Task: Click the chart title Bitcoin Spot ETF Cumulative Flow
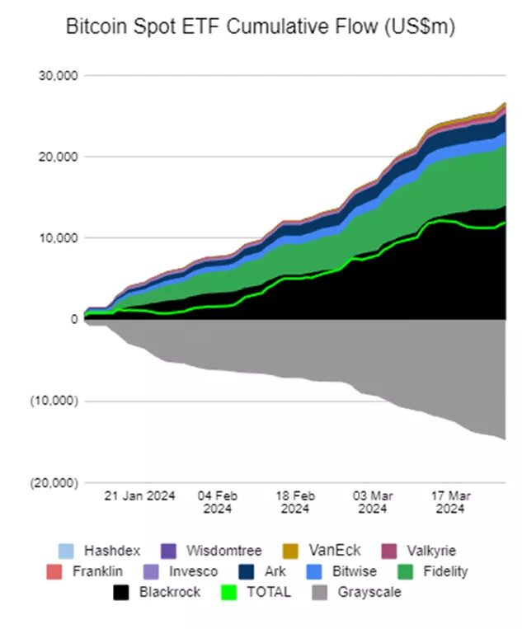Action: (260, 27)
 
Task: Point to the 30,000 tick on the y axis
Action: (58, 76)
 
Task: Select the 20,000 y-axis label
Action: (58, 157)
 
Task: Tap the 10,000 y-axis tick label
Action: (58, 238)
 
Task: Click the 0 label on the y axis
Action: (73, 319)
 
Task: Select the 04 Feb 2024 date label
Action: (218, 502)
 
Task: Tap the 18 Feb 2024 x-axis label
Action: (295, 502)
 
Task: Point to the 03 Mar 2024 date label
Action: (373, 502)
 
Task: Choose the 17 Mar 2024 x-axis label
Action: (450, 502)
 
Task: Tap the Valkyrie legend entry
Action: (426, 551)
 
